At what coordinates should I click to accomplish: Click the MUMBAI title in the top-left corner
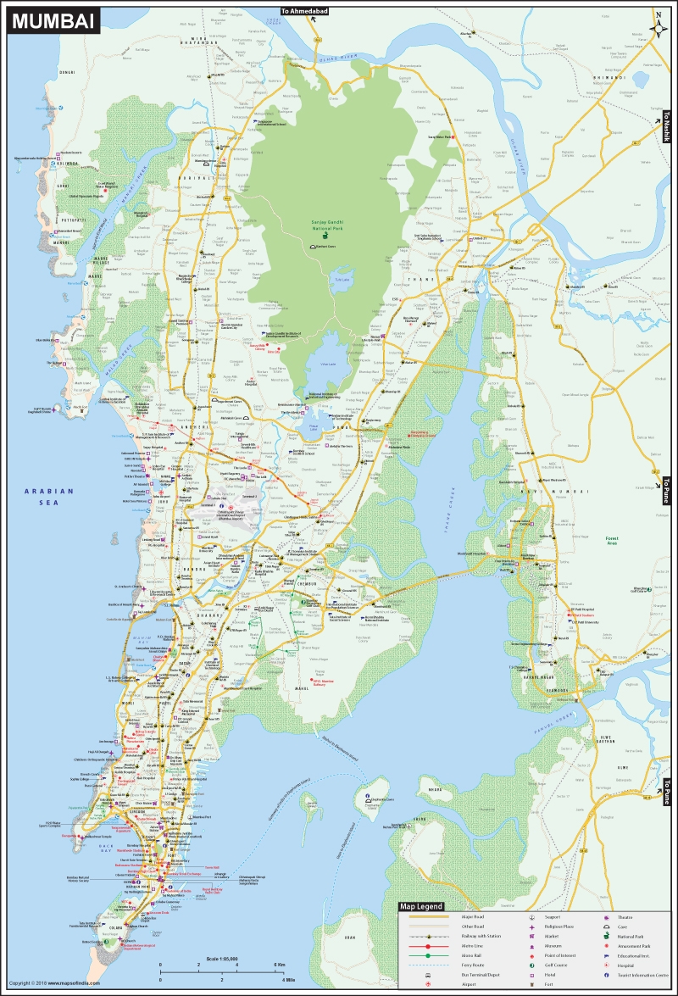(53, 21)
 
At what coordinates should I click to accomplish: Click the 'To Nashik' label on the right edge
(667, 127)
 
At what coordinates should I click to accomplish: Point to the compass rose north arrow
(658, 25)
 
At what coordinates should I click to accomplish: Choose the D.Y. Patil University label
(585, 622)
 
